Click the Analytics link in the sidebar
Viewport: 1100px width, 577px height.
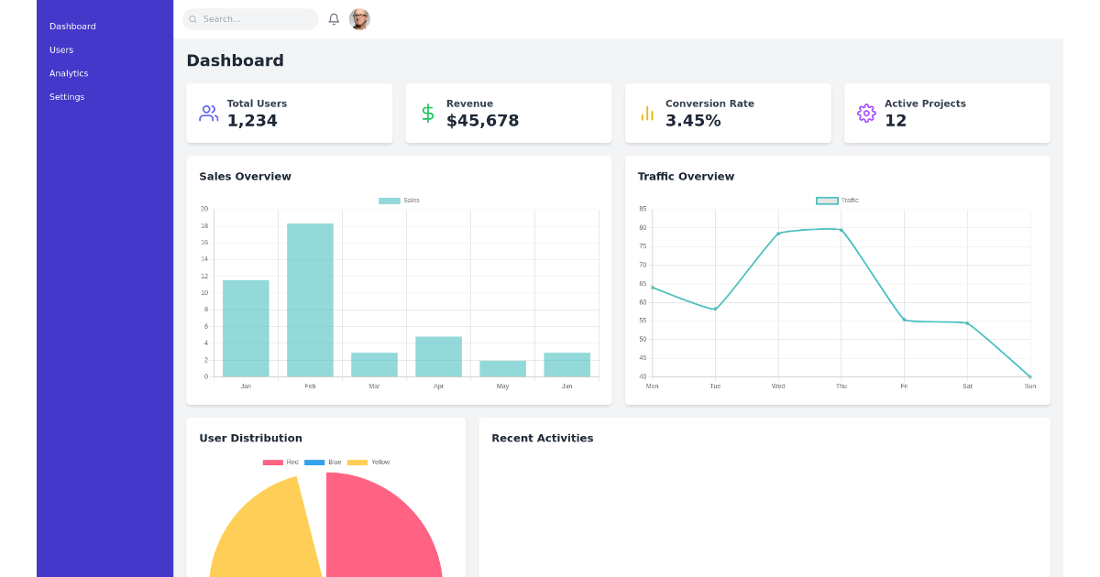69,73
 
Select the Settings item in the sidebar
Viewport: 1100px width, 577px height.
67,97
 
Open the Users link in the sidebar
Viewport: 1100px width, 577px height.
61,50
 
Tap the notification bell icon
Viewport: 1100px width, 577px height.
334,19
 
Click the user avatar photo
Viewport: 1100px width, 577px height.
359,19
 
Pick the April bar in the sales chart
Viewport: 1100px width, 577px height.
438,356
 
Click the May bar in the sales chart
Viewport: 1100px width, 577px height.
502,368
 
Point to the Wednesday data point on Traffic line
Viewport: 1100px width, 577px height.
778,234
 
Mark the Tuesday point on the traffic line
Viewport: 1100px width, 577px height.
715,310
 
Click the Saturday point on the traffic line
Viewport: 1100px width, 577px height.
967,323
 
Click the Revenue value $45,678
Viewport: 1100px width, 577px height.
482,121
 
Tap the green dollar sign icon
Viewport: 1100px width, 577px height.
427,114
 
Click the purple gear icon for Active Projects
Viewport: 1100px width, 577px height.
866,114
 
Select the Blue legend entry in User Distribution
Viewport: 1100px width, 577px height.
323,463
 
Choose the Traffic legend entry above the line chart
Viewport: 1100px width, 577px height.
837,201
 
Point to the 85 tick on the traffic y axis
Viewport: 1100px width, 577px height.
643,209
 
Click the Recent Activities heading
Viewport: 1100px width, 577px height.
542,439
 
